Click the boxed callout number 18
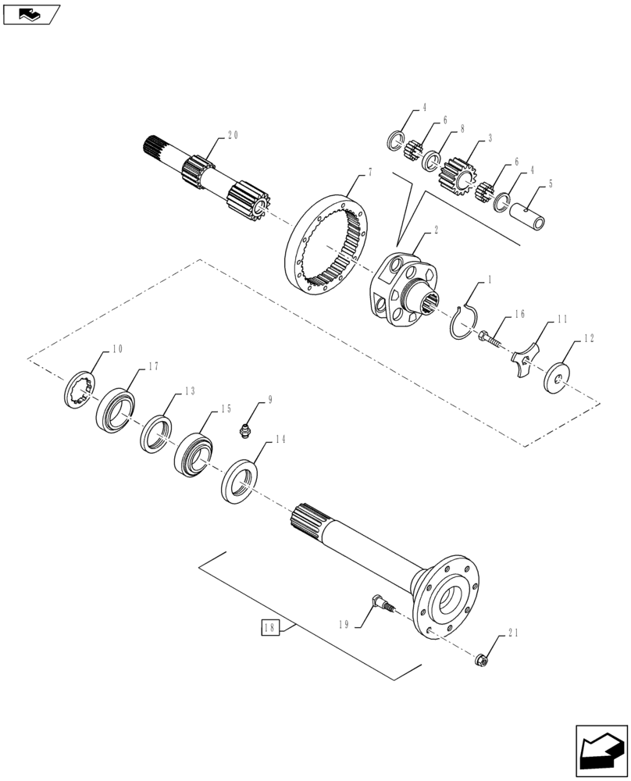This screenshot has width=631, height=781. coord(269,628)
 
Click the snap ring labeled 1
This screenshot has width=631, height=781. coord(468,323)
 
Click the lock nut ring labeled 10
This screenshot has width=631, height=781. coord(80,387)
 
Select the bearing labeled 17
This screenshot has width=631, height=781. coord(116,407)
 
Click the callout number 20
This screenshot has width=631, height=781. coord(232,135)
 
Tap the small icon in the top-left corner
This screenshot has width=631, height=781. coord(30,13)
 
